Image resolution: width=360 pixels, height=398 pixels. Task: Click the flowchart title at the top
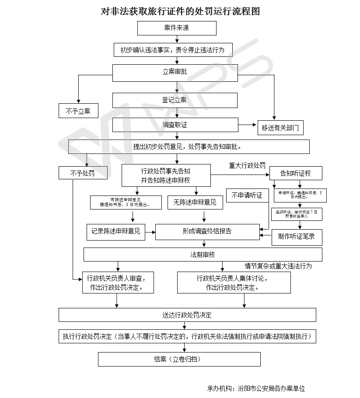pyautogui.click(x=180, y=11)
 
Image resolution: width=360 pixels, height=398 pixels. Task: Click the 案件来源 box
pyautogui.click(x=177, y=28)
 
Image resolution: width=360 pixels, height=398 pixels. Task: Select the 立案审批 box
pyautogui.click(x=175, y=72)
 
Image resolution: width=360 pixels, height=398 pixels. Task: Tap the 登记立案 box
pyautogui.click(x=175, y=100)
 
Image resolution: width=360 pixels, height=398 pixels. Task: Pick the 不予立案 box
pyautogui.click(x=78, y=111)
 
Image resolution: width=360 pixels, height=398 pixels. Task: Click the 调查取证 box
pyautogui.click(x=175, y=125)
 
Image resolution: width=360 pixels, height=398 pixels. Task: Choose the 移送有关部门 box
pyautogui.click(x=280, y=128)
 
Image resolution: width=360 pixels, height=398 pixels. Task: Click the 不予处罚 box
pyautogui.click(x=83, y=173)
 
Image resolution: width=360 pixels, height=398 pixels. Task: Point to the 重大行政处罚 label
pyautogui.click(x=247, y=166)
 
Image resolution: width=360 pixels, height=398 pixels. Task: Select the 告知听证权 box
pyautogui.click(x=296, y=173)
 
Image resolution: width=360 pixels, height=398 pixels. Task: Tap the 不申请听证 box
pyautogui.click(x=247, y=196)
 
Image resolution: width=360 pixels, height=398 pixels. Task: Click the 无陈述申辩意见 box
pyautogui.click(x=195, y=202)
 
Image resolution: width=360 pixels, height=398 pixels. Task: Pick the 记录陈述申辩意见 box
pyautogui.click(x=116, y=231)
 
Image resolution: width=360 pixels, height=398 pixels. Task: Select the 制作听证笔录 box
pyautogui.click(x=297, y=237)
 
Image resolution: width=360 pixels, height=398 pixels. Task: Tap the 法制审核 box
pyautogui.click(x=203, y=255)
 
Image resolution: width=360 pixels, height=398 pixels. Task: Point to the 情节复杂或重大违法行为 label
pyautogui.click(x=278, y=265)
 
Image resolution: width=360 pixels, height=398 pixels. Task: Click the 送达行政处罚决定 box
pyautogui.click(x=187, y=315)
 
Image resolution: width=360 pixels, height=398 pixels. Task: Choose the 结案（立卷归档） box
pyautogui.click(x=179, y=359)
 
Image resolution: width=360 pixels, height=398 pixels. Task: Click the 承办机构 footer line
pyautogui.click(x=256, y=388)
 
